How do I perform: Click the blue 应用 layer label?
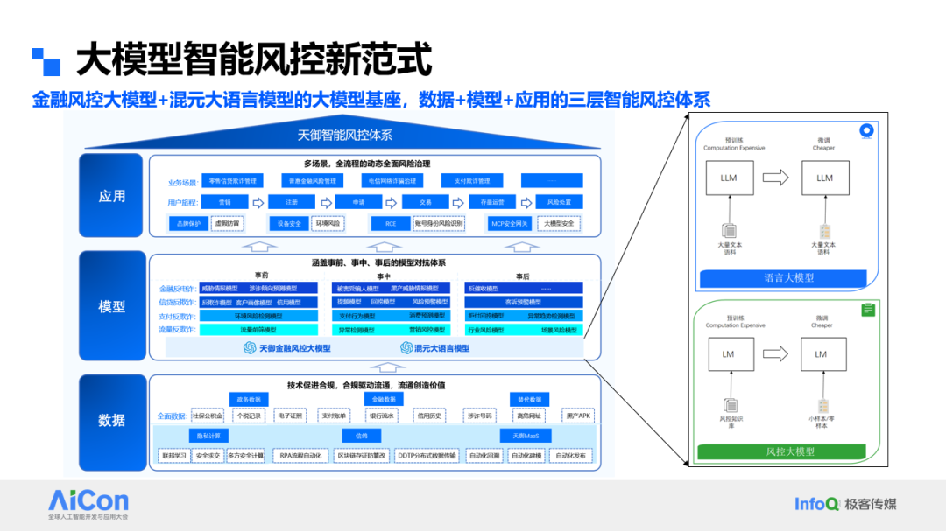coord(111,197)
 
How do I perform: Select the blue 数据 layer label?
coord(111,421)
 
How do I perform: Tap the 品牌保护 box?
coord(188,224)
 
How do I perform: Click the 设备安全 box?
coord(289,224)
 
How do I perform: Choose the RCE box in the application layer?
coord(391,224)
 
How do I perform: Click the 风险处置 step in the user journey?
coord(559,202)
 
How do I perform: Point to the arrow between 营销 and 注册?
coord(258,202)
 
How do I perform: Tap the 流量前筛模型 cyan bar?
coord(258,330)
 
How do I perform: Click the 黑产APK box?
coord(578,416)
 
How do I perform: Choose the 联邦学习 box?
coord(174,456)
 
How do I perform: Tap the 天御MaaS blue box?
coord(526,436)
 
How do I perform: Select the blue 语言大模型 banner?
coord(783,278)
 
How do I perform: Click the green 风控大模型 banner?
coord(783,452)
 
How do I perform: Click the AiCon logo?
coord(88,501)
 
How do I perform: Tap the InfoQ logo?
coord(816,504)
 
